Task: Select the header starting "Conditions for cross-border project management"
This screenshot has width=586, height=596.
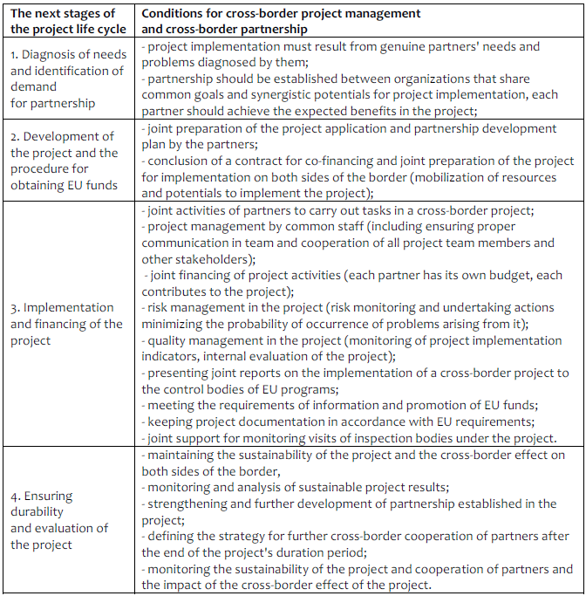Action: [281, 21]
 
